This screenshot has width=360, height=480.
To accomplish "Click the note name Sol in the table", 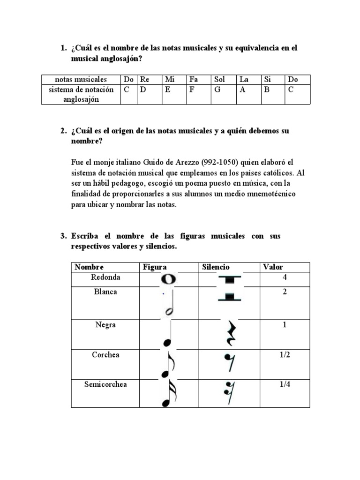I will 219,80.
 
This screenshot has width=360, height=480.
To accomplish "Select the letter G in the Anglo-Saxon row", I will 217,90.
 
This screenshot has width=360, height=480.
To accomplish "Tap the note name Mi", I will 169,80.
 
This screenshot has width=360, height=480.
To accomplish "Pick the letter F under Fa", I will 191,90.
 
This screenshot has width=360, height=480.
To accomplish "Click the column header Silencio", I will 216,267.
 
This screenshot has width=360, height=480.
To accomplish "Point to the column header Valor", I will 273,267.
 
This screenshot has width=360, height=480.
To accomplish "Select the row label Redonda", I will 105,277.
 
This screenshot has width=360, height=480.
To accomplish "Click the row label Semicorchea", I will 105,384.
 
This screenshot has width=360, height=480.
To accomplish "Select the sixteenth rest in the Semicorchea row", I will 229,393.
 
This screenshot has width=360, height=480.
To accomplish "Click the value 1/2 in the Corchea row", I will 285,355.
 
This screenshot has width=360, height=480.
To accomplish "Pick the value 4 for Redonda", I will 285,277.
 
